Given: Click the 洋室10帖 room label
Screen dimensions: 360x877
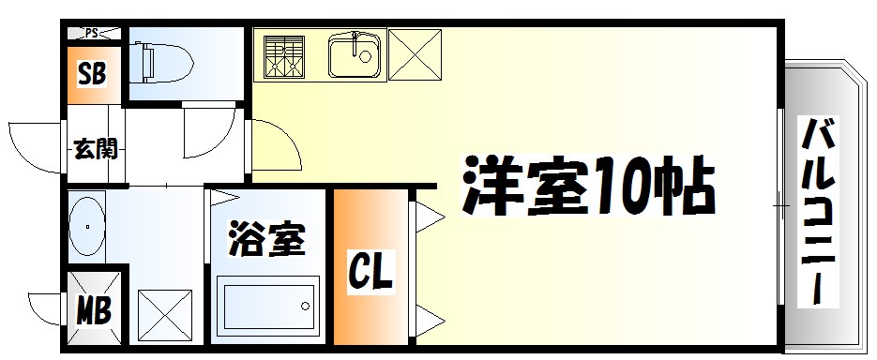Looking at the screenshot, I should (x=587, y=187).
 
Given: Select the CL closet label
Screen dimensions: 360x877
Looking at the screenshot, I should (x=372, y=272).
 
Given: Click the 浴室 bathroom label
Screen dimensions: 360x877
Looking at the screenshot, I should (x=267, y=240).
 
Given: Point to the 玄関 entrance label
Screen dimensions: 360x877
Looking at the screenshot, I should (x=96, y=147).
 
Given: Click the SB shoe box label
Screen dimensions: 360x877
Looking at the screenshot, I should (x=92, y=74).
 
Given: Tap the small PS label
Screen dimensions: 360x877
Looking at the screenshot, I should (x=92, y=34).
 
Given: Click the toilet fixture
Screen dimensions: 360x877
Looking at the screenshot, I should (x=161, y=63).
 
